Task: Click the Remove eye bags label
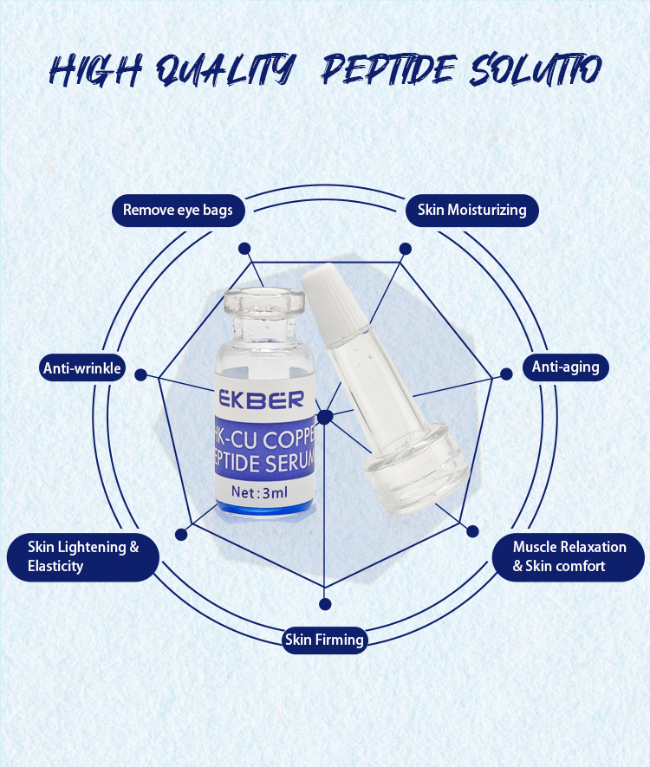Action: [178, 210]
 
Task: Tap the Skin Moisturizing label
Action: [471, 210]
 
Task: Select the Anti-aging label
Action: [565, 367]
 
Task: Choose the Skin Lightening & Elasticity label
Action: [83, 556]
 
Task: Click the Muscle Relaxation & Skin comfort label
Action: [569, 556]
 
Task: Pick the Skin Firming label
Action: [325, 640]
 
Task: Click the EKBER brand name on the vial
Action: [260, 400]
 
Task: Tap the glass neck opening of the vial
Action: [260, 299]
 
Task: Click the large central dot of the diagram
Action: [325, 417]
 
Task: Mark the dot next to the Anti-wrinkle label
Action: [140, 375]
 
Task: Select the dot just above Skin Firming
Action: [325, 603]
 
